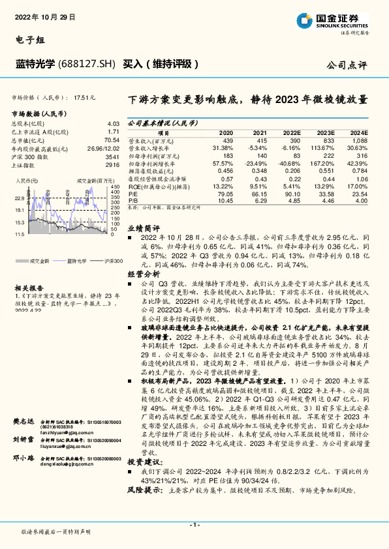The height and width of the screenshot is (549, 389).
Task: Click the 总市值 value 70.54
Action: tap(112, 140)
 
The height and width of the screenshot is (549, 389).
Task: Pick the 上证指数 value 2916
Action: tap(112, 166)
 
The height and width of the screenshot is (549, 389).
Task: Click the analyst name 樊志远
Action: tap(22, 422)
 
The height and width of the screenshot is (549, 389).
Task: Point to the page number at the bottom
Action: tap(194, 525)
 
